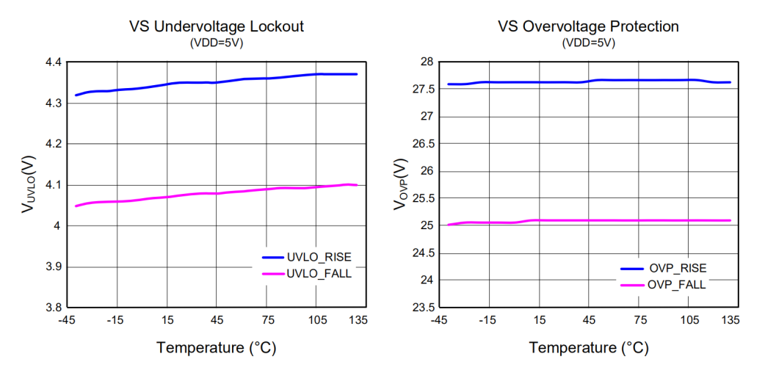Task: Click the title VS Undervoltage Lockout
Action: point(217,26)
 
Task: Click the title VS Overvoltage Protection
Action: point(588,26)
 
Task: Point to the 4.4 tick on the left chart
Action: point(53,63)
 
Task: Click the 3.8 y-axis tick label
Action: point(53,308)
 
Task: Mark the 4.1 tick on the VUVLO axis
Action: point(53,185)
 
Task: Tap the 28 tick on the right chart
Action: point(425,62)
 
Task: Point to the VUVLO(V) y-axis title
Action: point(27,185)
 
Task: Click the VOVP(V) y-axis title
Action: point(400,184)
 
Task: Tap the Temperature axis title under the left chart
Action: point(216,347)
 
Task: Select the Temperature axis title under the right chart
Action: point(588,347)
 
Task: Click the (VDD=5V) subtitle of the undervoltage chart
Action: point(217,43)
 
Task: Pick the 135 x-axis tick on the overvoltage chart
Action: point(731,320)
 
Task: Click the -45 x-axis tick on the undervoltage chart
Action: point(66,320)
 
